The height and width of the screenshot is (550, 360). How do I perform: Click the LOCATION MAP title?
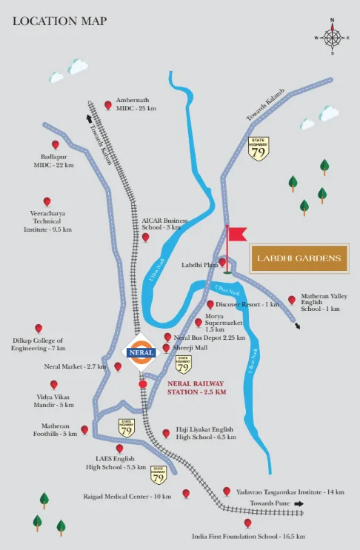coord(60,21)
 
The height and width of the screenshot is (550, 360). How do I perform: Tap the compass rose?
coord(333,37)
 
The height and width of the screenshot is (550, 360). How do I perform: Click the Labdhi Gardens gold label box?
coord(299,258)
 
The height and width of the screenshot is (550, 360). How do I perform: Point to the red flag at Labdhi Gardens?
coord(236,235)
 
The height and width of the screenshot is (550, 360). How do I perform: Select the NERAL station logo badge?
coord(141,353)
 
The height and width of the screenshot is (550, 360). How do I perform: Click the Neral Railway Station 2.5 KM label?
coord(195,387)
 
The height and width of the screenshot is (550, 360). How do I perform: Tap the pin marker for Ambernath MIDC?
coord(108,105)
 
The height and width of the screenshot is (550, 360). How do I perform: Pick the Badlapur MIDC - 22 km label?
coord(53,161)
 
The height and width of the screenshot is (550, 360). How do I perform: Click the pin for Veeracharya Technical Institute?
coord(47,201)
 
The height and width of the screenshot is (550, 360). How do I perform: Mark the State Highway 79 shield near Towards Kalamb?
coord(259,148)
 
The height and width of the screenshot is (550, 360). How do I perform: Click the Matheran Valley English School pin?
coord(292,300)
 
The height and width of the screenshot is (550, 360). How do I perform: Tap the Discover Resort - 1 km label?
coord(247,304)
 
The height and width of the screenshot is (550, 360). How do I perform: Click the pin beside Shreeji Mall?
coord(166,348)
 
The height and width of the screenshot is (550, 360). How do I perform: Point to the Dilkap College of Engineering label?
coord(38,344)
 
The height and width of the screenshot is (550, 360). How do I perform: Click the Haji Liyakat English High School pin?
coord(166,434)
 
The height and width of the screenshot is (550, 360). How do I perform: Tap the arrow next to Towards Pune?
coord(299,503)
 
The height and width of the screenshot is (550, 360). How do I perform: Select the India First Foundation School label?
coord(248,536)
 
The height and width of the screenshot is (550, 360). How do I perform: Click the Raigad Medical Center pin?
coord(186,493)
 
